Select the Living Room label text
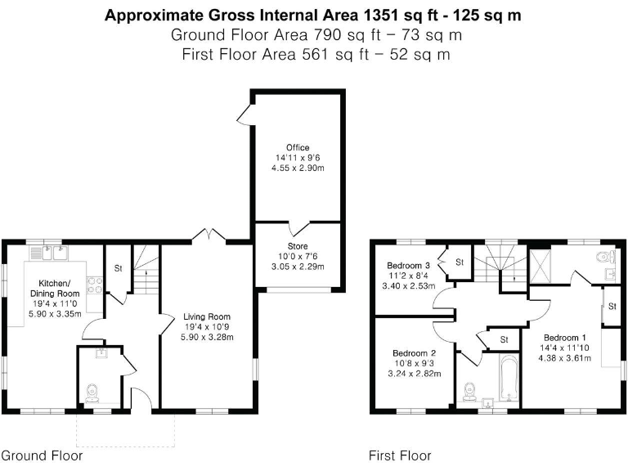(x=207, y=316)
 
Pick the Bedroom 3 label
(x=409, y=266)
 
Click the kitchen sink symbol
(x=53, y=253)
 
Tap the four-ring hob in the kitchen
(x=95, y=285)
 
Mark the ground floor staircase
(x=146, y=274)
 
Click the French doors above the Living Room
(x=209, y=235)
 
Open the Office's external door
(x=244, y=115)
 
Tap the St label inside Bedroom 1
(x=612, y=307)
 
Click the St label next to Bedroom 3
(x=459, y=262)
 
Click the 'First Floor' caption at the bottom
(x=400, y=455)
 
